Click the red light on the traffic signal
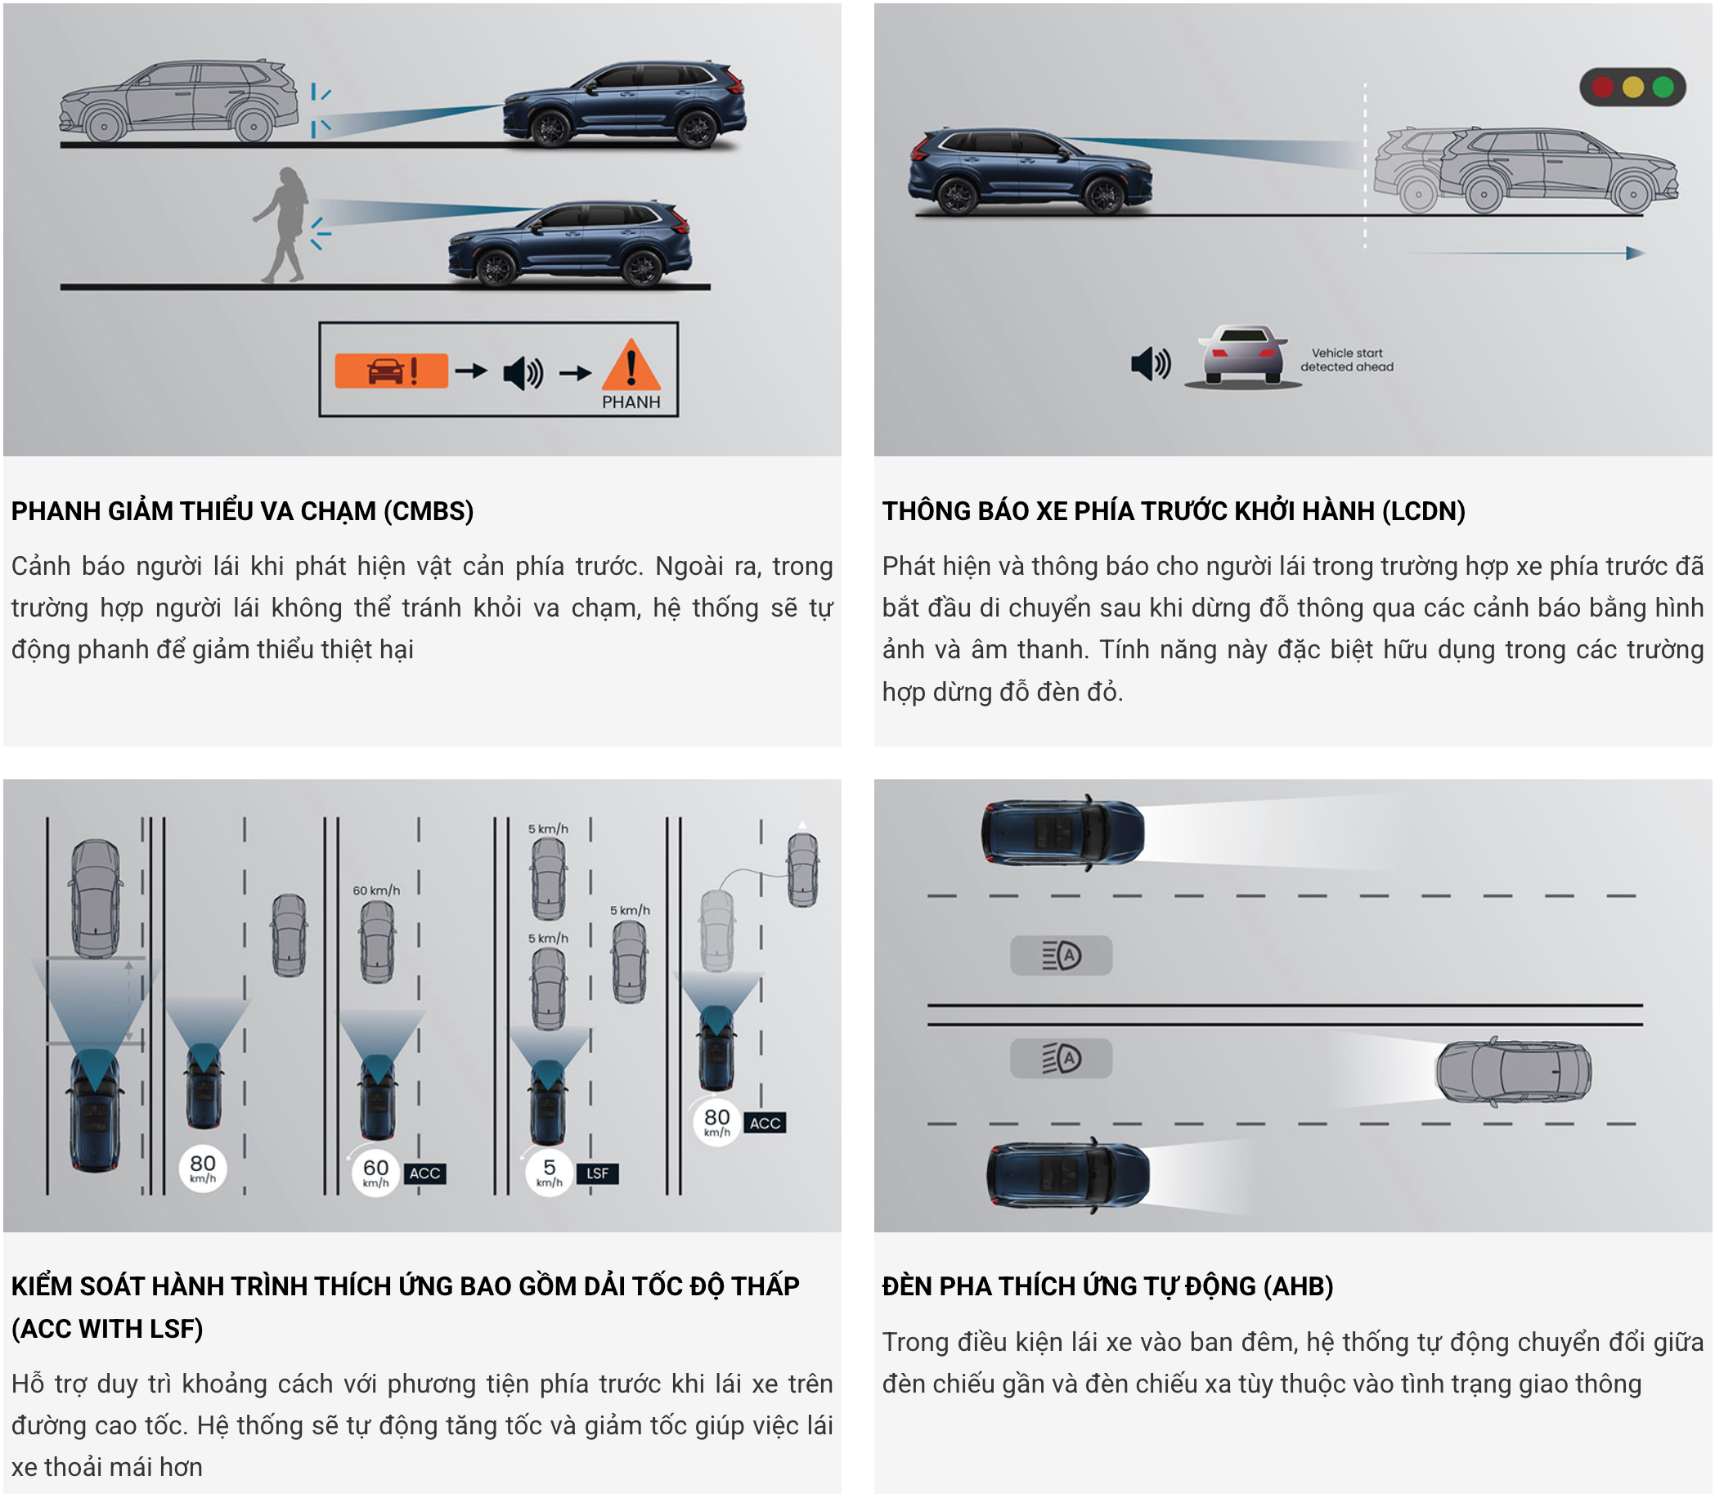click(x=1601, y=87)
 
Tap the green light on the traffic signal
click(x=1663, y=87)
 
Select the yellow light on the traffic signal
click(x=1632, y=87)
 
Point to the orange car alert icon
click(x=391, y=371)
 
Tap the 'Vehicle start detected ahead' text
click(x=1346, y=359)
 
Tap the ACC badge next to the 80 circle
click(x=765, y=1123)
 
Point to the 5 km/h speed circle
click(x=549, y=1172)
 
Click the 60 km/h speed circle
click(x=375, y=1172)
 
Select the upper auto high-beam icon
click(x=1061, y=955)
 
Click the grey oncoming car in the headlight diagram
click(x=1512, y=1072)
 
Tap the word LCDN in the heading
click(x=1423, y=511)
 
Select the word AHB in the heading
click(x=1298, y=1286)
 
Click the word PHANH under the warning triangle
click(x=631, y=402)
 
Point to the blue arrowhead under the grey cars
click(x=1635, y=253)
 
